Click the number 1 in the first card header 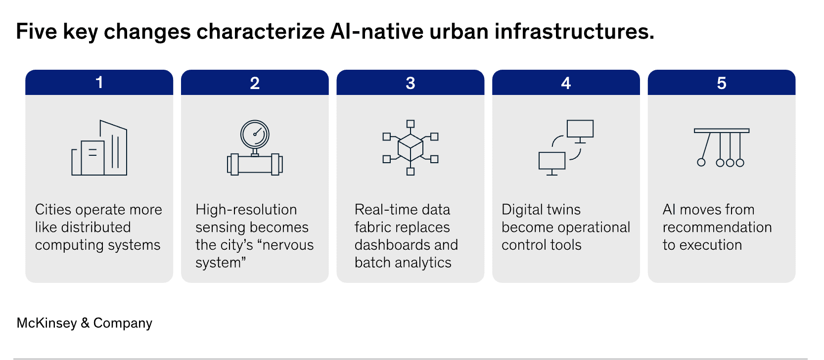99,83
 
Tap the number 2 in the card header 255,83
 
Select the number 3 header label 410,83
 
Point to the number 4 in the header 566,83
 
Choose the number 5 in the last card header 721,83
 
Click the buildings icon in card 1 99,148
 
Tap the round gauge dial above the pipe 255,134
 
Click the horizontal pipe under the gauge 255,164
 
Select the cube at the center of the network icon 410,147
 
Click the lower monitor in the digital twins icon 552,161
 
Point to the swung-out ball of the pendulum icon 701,162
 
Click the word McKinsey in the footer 46,323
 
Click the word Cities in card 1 53,210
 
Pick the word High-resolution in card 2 246,210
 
